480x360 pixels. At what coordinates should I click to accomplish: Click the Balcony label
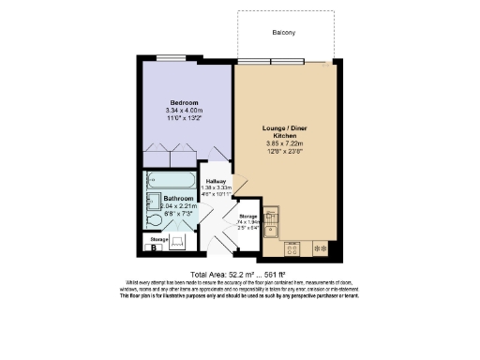tap(284, 33)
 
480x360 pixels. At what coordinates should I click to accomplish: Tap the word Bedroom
tap(184, 102)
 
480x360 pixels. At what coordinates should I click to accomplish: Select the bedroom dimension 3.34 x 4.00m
tap(184, 112)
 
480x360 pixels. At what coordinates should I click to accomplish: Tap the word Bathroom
tap(178, 200)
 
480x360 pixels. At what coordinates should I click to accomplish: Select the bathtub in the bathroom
tap(170, 180)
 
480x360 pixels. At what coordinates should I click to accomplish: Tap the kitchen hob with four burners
tap(292, 249)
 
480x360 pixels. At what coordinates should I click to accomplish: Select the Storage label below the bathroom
tap(160, 238)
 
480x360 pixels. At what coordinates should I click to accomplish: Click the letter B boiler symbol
tap(153, 248)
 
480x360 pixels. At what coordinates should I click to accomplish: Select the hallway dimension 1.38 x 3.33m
tap(217, 187)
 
